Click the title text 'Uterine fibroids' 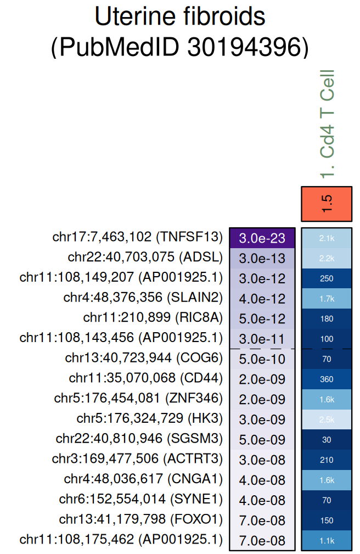tap(179, 18)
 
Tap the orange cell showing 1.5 tap(327, 204)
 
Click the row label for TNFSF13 tap(138, 237)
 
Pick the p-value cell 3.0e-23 tap(262, 238)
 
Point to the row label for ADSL tap(145, 258)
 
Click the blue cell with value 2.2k tap(327, 258)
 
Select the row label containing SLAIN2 tap(143, 298)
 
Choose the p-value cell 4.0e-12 tap(262, 298)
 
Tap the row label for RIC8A tap(153, 318)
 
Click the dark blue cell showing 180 tap(327, 318)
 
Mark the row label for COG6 tap(144, 359)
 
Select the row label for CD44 tap(146, 378)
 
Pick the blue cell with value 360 tap(327, 379)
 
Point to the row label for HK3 tap(150, 418)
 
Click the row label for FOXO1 tap(141, 519)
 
